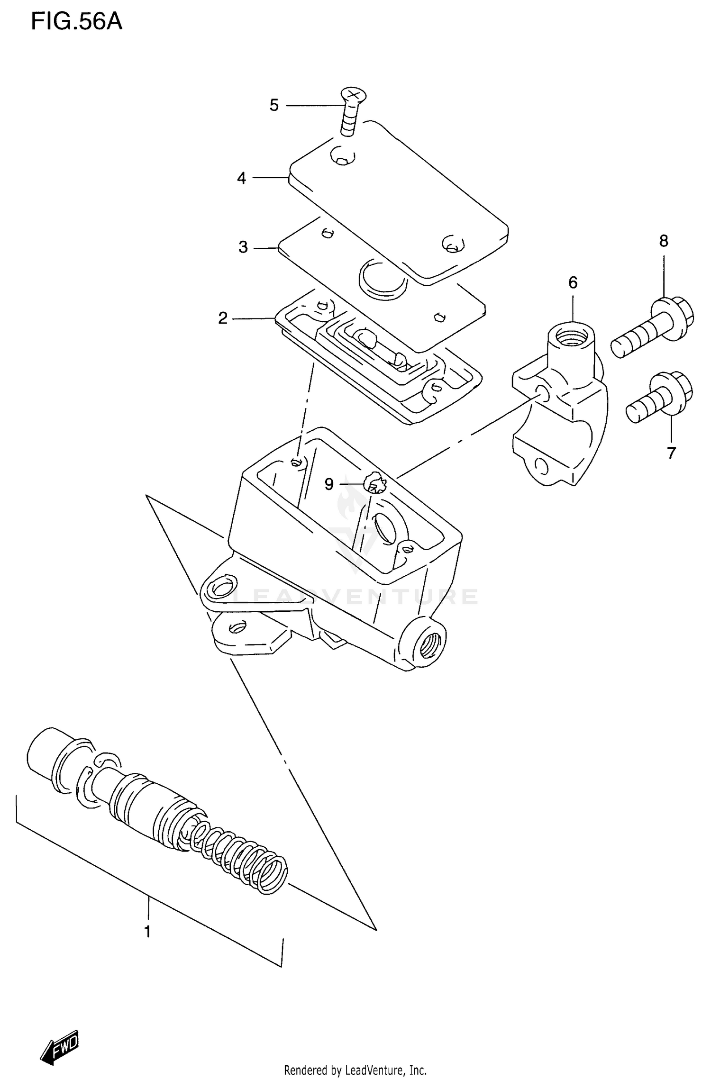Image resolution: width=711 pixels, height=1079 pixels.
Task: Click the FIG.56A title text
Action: [x=77, y=21]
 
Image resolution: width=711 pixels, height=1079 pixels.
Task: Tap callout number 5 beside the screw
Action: [x=274, y=105]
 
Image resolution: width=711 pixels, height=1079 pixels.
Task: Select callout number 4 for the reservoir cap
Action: [x=242, y=179]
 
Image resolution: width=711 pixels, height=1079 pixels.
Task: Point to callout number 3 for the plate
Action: [x=243, y=247]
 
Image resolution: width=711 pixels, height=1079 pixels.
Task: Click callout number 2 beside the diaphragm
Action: [x=223, y=318]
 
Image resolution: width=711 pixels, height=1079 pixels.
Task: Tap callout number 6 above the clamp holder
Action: [x=573, y=283]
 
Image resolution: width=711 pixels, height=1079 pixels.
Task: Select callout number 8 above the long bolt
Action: [x=664, y=241]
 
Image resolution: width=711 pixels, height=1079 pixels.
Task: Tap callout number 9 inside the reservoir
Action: [x=329, y=484]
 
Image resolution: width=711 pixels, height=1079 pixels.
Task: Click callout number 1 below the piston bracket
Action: [x=147, y=932]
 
